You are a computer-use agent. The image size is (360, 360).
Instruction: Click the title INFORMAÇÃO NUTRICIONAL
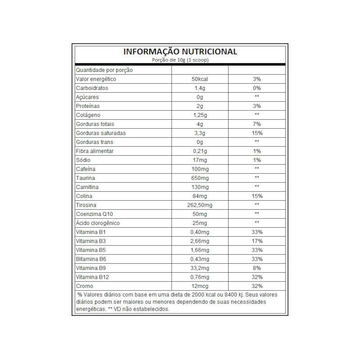(x=180, y=52)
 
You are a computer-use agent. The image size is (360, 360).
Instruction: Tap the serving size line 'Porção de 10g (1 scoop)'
(x=180, y=60)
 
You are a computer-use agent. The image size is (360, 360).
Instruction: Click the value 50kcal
(x=200, y=79)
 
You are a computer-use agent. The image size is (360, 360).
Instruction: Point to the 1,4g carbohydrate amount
(x=200, y=88)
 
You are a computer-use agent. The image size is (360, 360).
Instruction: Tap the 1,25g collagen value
(x=200, y=115)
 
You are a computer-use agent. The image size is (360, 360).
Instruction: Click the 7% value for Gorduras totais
(x=257, y=124)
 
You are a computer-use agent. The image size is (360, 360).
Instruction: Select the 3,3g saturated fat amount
(x=200, y=133)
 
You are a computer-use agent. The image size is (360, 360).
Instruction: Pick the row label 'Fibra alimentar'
(x=94, y=151)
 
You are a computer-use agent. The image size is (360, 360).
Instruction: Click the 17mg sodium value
(x=200, y=160)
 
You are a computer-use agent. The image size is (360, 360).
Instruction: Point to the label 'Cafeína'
(x=85, y=169)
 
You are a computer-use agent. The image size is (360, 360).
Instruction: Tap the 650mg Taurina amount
(x=200, y=178)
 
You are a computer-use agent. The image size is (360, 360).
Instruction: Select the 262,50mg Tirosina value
(x=200, y=205)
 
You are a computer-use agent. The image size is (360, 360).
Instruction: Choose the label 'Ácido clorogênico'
(x=98, y=223)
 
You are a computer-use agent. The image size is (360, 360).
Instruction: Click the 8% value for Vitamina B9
(x=257, y=268)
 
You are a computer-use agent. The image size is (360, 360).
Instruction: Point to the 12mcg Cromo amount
(x=200, y=286)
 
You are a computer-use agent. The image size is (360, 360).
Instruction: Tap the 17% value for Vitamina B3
(x=257, y=241)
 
